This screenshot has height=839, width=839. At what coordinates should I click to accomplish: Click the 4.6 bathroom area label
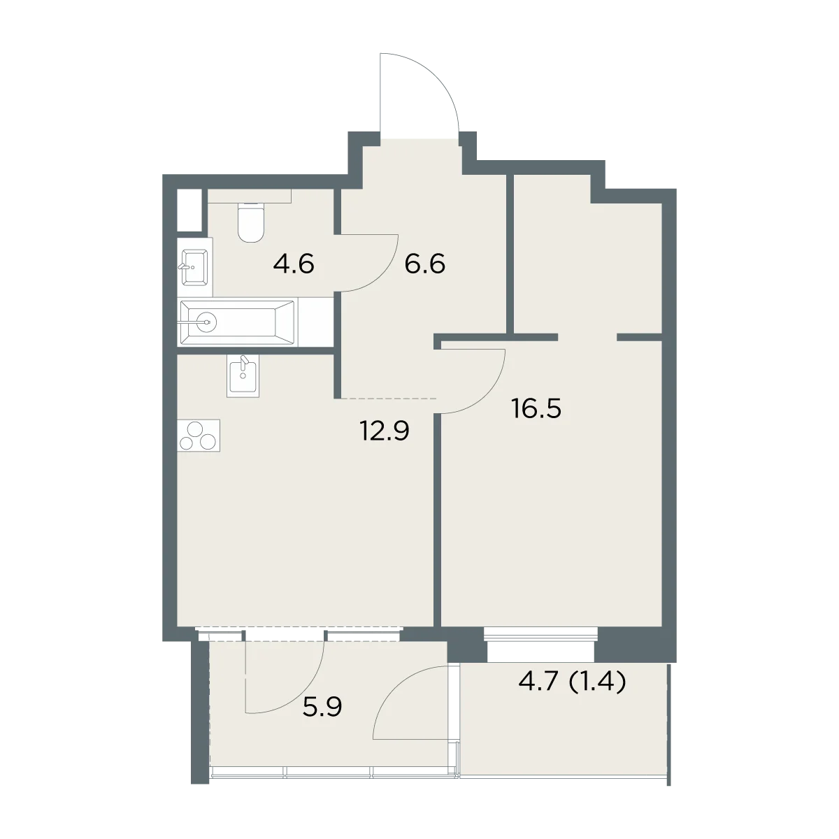tap(294, 264)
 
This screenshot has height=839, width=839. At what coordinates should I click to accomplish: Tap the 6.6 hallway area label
tap(424, 264)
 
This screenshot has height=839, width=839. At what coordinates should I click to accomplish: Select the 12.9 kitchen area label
tap(385, 431)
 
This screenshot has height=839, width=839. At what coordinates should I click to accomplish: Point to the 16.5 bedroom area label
tap(536, 409)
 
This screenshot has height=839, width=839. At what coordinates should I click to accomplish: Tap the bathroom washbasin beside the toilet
tap(194, 266)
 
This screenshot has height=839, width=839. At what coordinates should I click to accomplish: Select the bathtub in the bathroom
tap(237, 322)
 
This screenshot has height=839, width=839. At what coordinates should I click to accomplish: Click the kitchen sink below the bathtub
tap(243, 375)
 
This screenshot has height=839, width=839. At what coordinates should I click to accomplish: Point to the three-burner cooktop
tap(199, 436)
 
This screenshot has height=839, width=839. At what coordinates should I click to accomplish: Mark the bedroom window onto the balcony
tap(540, 643)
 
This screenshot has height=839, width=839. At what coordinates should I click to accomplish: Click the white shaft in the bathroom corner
tap(190, 210)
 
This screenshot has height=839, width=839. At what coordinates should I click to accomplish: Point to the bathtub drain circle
tap(206, 322)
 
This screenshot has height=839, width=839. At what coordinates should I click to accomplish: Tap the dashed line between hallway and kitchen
tap(388, 399)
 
